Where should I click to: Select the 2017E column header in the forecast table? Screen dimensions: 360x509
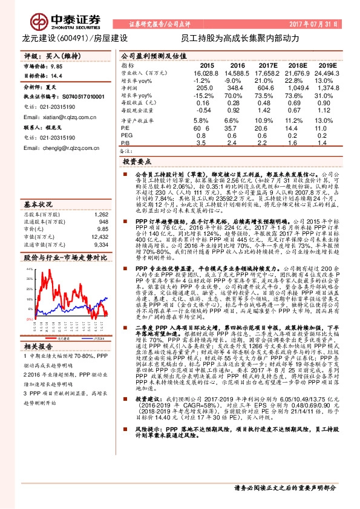pos(267,65)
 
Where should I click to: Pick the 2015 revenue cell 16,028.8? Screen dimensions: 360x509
pos(207,72)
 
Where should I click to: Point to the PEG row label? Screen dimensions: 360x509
pos(126,136)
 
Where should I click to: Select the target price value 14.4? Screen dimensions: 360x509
pos(57,76)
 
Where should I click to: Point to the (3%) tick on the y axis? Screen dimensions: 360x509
pos(28,330)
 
